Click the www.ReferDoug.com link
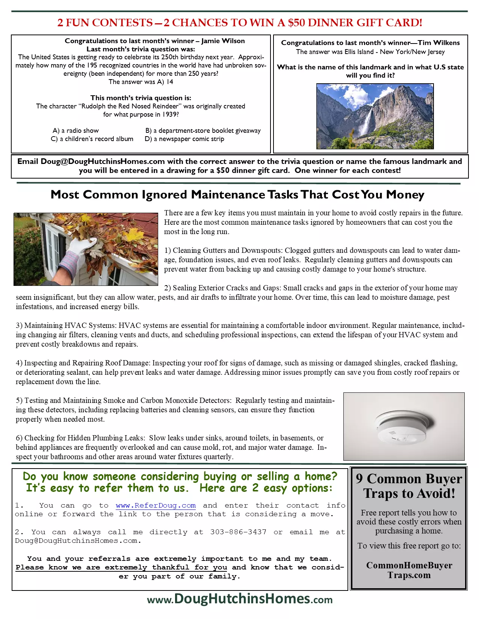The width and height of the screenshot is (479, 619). [x=156, y=505]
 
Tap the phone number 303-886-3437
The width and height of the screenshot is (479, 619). [x=238, y=532]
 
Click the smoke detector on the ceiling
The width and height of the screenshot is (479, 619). [x=402, y=427]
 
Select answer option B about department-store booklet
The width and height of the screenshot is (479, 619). [x=203, y=131]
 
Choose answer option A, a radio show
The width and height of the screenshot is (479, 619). [x=76, y=131]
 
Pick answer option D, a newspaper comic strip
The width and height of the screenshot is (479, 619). [x=184, y=139]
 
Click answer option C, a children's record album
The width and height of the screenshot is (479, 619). [x=92, y=139]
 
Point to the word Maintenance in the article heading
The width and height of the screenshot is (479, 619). [x=228, y=195]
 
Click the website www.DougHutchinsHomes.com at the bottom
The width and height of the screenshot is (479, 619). [x=240, y=599]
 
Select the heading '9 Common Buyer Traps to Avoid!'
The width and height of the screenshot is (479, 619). [x=409, y=486]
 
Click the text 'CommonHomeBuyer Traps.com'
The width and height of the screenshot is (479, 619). [x=409, y=570]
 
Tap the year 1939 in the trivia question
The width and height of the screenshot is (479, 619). [x=169, y=114]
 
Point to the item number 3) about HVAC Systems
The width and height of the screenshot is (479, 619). [x=20, y=325]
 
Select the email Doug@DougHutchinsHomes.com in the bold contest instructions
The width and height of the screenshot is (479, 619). [x=103, y=161]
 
